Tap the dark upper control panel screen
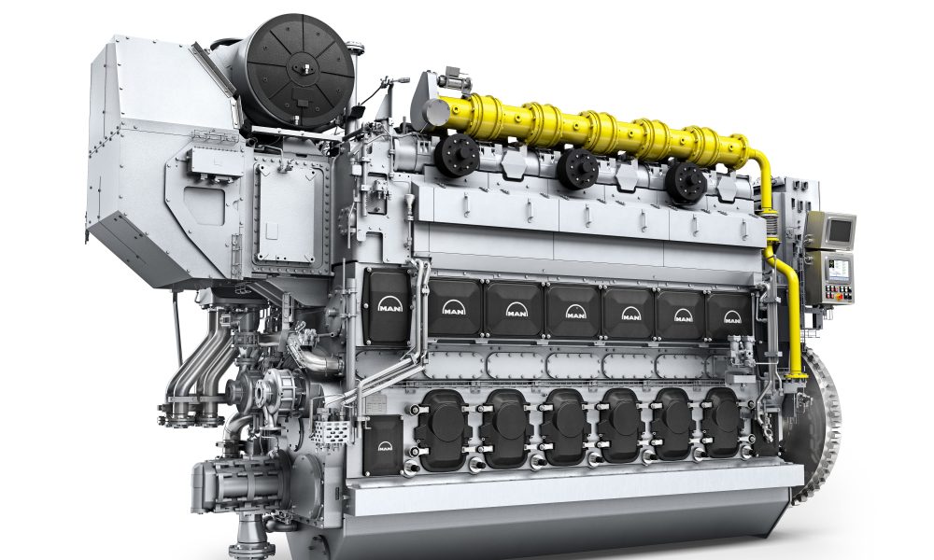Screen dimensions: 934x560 (840, 231)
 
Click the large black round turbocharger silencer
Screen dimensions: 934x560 (299, 72)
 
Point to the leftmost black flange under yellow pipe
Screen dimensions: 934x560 (457, 155)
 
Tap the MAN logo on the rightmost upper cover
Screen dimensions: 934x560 (732, 317)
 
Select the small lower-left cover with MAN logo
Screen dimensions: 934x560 (383, 445)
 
